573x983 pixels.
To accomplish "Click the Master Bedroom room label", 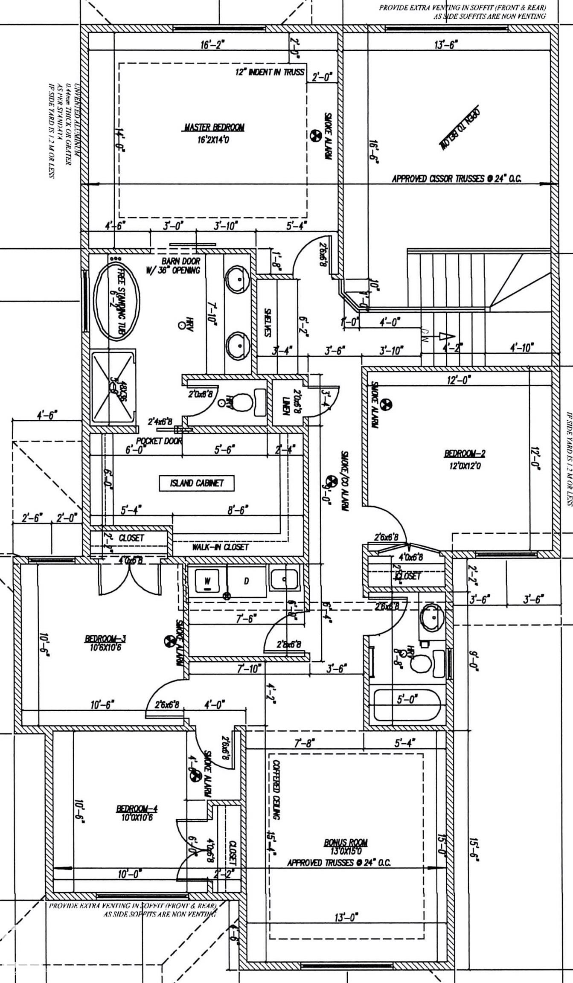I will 214,127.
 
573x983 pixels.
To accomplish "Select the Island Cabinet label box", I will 197,483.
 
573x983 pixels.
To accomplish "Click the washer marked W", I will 207,581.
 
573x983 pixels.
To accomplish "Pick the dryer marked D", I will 246,581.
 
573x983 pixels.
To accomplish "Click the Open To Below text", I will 460,127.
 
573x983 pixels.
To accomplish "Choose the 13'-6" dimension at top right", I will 446,44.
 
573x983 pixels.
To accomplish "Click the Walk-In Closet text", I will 220,547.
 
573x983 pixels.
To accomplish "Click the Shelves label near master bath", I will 268,323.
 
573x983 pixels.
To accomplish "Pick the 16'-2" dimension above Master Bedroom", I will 212,44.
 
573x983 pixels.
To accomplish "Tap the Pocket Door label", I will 159,441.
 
